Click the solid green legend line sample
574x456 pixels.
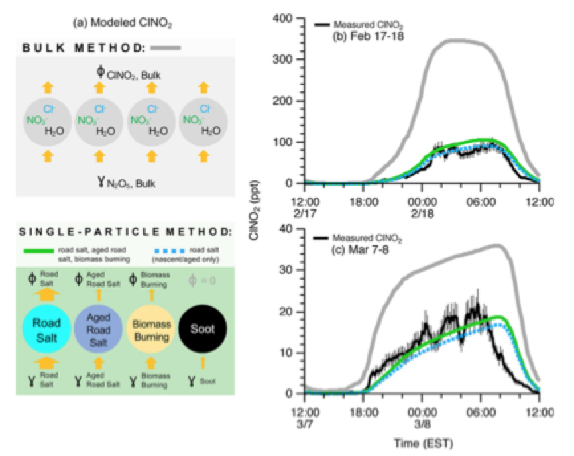click(x=42, y=249)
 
